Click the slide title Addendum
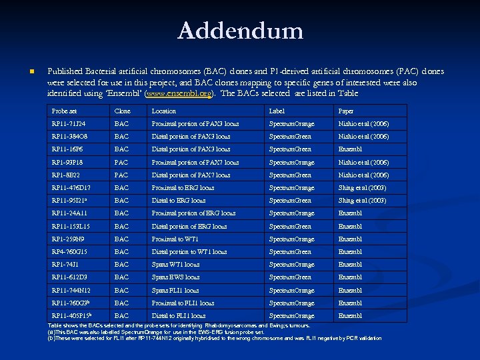point(240,31)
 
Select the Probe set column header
point(64,111)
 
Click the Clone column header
point(122,111)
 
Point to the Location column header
point(164,111)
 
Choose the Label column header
point(276,111)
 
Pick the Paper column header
point(346,111)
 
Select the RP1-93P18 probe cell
point(67,162)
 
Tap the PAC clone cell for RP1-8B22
point(121,175)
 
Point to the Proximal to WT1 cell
point(175,239)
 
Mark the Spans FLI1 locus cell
point(175,290)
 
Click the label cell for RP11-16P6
point(290,149)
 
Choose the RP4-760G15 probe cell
point(69,252)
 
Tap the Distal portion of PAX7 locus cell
point(191,175)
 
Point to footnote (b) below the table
point(213,338)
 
